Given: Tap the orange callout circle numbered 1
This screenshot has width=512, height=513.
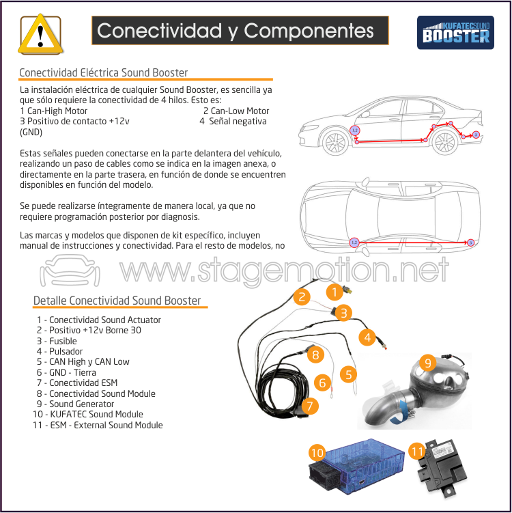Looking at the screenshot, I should pos(334,293).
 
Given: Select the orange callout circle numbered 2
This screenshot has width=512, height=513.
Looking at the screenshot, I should pos(300,296).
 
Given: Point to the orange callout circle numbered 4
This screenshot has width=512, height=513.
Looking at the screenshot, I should pos(367,337).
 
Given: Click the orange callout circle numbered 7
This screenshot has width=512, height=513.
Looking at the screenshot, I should pos(310,406).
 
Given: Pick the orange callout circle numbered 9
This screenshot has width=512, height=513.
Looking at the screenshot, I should pos(428,363).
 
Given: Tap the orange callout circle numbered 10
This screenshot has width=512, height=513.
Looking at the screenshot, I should pos(317,452).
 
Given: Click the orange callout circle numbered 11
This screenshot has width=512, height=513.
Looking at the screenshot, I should pos(417,451).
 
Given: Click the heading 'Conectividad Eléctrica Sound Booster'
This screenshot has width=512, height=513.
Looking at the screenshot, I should pos(103,72).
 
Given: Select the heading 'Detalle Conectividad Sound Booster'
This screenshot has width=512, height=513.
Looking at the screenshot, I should pos(117,301).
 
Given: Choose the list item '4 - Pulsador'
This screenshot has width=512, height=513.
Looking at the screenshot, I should pos(59,351).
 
